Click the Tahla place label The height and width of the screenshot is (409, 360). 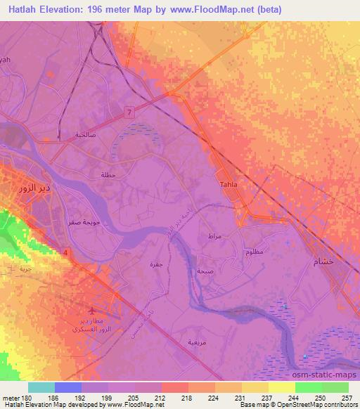[x=229, y=185]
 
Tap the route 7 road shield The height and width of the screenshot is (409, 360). [x=129, y=112]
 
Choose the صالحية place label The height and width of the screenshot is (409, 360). [x=85, y=134]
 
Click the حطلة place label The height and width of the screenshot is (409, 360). [x=108, y=175]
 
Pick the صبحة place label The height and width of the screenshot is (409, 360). [x=205, y=271]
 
